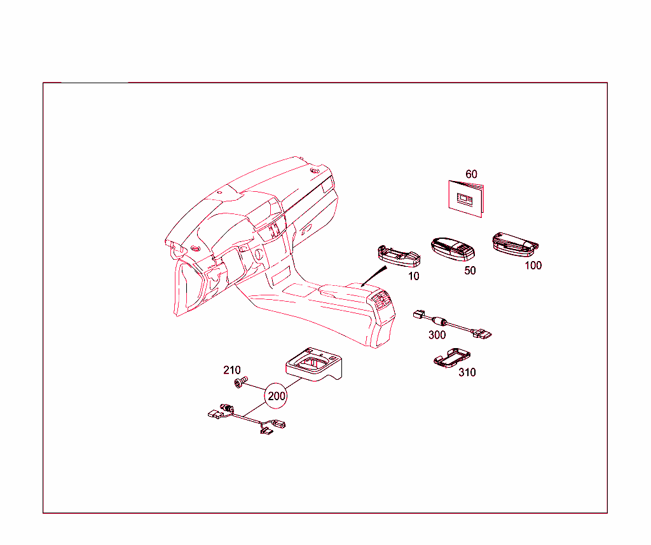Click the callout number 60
(x=471, y=174)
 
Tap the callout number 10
(x=413, y=276)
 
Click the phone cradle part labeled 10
(x=399, y=256)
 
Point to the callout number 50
(x=470, y=271)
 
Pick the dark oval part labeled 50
(x=453, y=249)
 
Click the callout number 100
(x=533, y=266)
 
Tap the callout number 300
(x=437, y=335)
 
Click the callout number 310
(x=467, y=372)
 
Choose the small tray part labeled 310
(x=452, y=358)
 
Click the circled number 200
(x=276, y=396)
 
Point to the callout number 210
(x=231, y=370)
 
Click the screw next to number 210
(x=241, y=382)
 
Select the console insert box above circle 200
(x=314, y=364)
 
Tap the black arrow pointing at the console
(x=374, y=276)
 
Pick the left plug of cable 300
(x=419, y=314)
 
